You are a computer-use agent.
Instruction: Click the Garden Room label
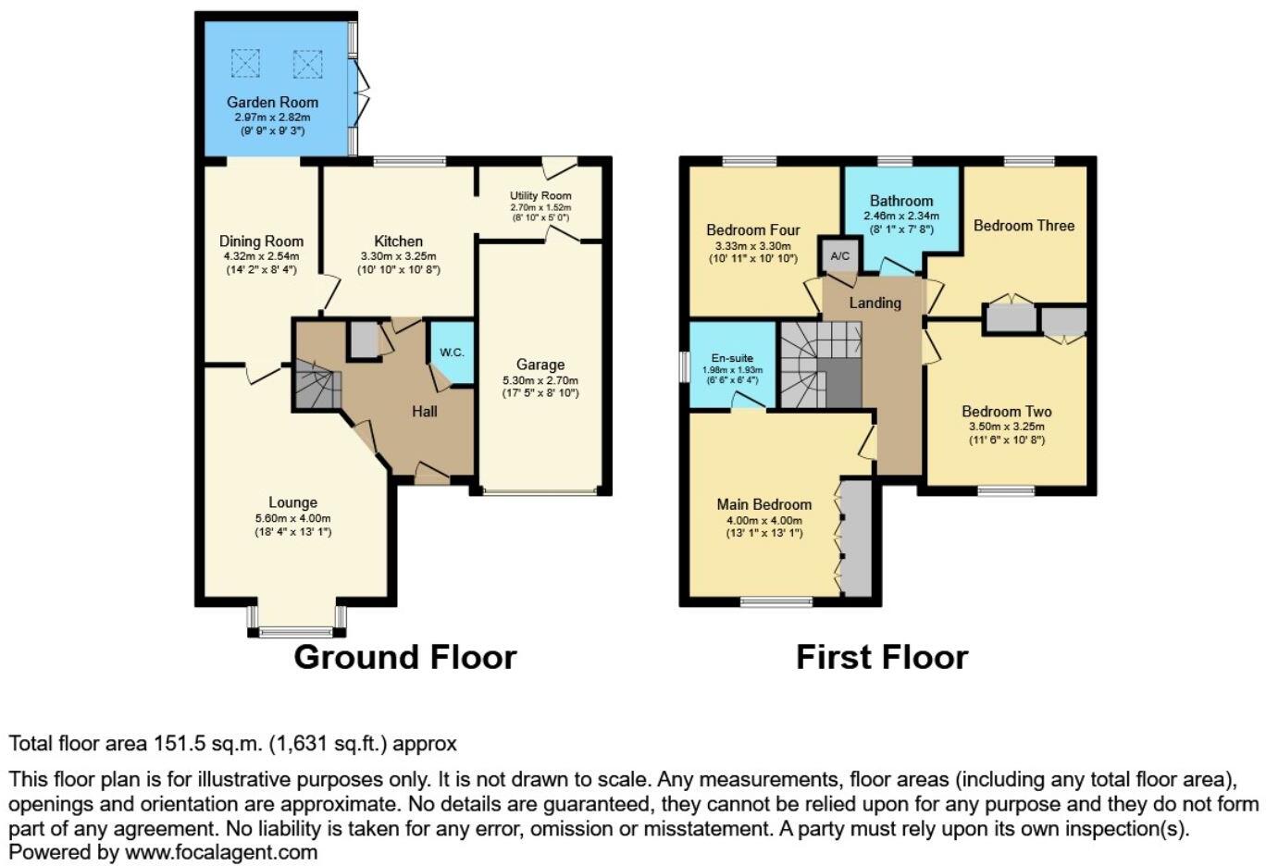coord(272,102)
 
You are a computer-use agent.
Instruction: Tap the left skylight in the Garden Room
coord(245,63)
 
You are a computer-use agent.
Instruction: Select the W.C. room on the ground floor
coord(452,352)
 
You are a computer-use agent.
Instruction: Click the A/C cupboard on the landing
coord(839,255)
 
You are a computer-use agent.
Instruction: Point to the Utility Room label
coord(540,195)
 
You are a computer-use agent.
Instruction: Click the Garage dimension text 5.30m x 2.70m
coord(540,380)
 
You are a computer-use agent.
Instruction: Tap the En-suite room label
coord(732,358)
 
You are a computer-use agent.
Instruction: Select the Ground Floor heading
coord(404,657)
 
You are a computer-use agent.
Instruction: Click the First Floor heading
coord(881,657)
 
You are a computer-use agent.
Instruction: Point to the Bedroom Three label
coord(1024,225)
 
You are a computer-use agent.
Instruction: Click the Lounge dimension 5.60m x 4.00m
coord(293,518)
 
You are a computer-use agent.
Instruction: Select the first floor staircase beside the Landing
coord(819,365)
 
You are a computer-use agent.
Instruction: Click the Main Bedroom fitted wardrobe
coord(855,538)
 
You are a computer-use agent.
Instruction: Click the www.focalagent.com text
coord(221,852)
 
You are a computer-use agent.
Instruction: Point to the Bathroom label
coord(900,201)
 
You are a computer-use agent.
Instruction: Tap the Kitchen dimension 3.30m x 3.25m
coord(398,256)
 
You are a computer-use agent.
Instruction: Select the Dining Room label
coord(261,241)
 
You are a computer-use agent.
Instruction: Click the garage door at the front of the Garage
coord(540,491)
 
